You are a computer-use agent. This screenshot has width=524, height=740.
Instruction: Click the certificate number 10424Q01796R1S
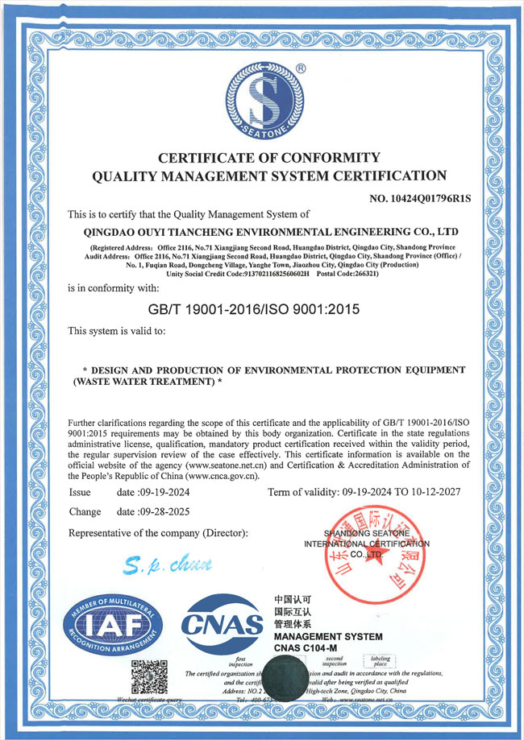(x=419, y=197)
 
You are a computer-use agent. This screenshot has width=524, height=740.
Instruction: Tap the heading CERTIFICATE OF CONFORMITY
(x=268, y=156)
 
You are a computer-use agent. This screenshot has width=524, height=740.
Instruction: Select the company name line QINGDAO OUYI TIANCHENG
(x=268, y=232)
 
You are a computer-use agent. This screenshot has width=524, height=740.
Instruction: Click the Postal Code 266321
(x=362, y=274)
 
